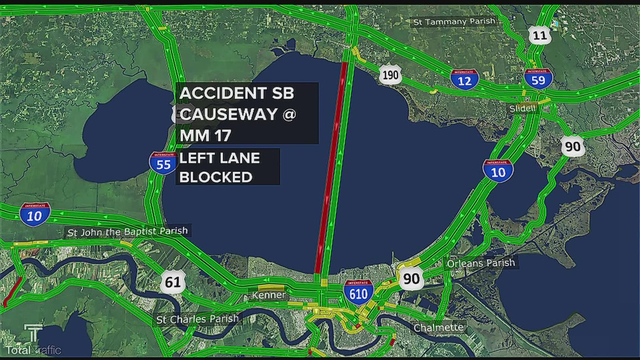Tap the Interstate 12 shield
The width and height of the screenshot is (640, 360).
464,80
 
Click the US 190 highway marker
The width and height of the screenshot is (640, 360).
390,74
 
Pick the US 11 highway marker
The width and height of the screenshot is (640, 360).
540,37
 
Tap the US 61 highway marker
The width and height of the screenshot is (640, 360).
173,281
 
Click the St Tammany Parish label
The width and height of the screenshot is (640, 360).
455,21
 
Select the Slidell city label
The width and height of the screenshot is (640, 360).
523,108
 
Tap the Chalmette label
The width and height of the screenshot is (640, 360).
439,327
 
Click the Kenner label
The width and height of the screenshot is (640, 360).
269,295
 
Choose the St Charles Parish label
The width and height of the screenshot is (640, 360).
198,319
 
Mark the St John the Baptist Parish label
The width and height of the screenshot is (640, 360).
128,231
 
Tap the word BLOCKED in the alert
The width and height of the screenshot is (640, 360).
215,177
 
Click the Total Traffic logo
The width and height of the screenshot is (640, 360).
34,342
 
